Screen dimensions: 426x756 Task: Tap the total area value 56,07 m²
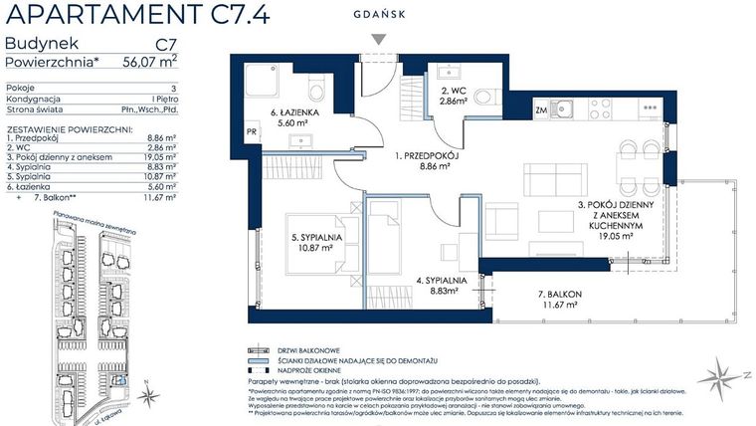149,60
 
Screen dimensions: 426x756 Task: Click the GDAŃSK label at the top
378,15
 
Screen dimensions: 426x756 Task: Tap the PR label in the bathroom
251,131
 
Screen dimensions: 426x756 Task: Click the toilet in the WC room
485,97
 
